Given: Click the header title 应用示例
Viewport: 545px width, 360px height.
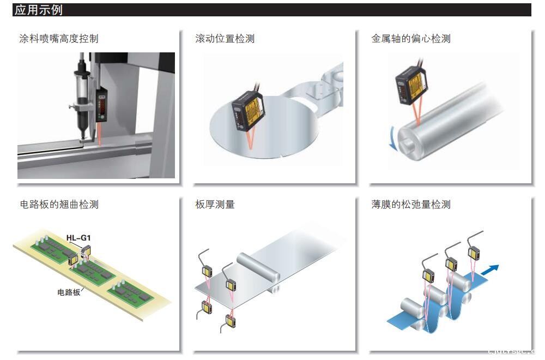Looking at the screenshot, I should point(39,10).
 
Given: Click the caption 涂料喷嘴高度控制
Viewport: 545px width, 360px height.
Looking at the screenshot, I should point(59,39).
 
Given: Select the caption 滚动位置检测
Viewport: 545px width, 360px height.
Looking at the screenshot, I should point(225,39).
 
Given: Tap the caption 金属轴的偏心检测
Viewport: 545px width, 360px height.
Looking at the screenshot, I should point(411,39).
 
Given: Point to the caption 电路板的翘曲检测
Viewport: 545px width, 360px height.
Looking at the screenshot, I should point(59,205).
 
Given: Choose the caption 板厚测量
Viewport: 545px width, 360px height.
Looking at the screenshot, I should point(215,205).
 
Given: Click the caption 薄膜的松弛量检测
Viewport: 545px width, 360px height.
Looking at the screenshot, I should point(411,205).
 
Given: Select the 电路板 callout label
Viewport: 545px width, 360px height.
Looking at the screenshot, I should point(69,292).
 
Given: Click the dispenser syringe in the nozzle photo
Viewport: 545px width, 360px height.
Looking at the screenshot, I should point(82,98).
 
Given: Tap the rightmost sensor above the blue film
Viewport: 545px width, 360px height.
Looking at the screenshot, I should point(474,254).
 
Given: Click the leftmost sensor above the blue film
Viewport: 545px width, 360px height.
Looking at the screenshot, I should point(429,275).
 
